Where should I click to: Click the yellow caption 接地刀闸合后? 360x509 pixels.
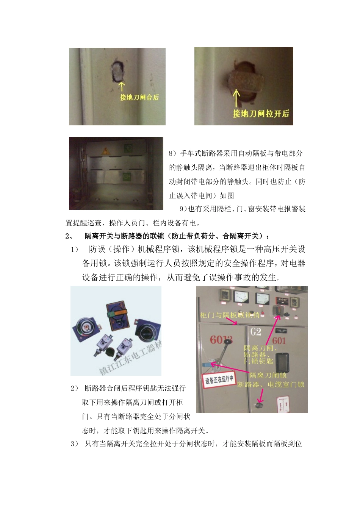click(139, 97)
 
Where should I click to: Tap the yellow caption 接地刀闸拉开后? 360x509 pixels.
click(261, 114)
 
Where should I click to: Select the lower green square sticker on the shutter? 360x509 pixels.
click(127, 176)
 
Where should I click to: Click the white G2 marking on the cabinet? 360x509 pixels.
click(256, 332)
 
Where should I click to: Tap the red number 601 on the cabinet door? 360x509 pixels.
click(279, 341)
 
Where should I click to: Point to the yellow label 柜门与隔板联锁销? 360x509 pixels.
click(230, 315)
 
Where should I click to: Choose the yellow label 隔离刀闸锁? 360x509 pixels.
click(268, 375)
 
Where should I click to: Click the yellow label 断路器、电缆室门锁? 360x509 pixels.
click(271, 384)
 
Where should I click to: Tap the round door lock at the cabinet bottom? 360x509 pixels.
click(259, 405)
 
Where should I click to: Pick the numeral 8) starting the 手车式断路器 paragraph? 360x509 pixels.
click(172, 153)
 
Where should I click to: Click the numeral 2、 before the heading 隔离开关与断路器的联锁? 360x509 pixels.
click(69, 236)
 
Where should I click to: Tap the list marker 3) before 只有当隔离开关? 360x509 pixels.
click(74, 444)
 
